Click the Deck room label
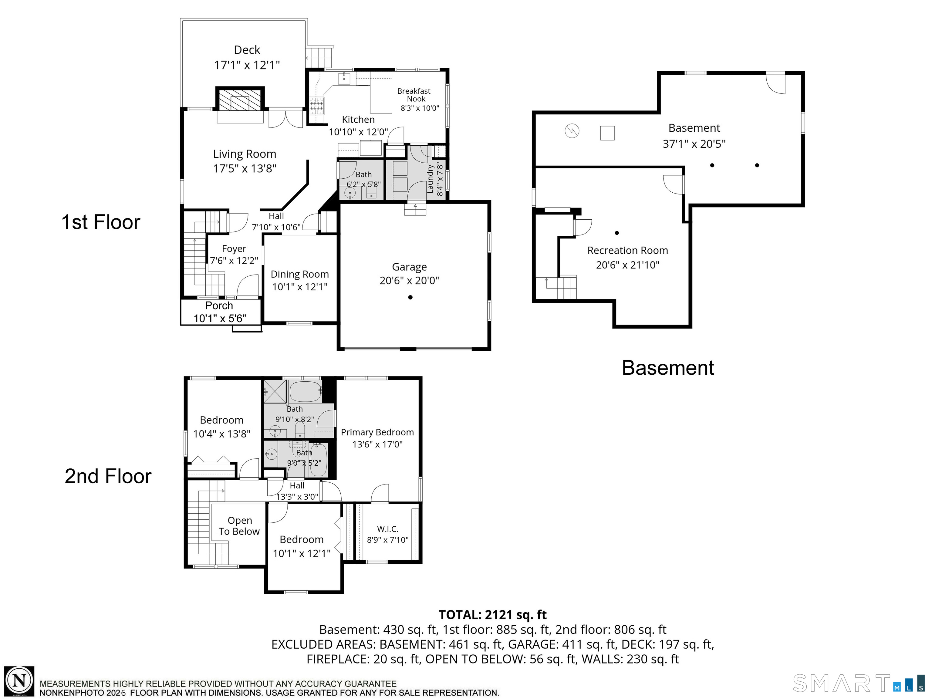pyautogui.click(x=247, y=50)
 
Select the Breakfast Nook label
pyautogui.click(x=414, y=95)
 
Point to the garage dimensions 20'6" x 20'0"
pyautogui.click(x=409, y=281)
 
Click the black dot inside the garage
pyautogui.click(x=410, y=297)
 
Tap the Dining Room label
pyautogui.click(x=299, y=274)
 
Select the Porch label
pyautogui.click(x=219, y=306)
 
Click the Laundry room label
pyautogui.click(x=430, y=179)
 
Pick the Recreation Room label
pyautogui.click(x=627, y=251)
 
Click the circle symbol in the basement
pyautogui.click(x=572, y=131)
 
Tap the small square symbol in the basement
pyautogui.click(x=607, y=133)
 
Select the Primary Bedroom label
pyautogui.click(x=377, y=432)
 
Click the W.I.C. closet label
pyautogui.click(x=388, y=529)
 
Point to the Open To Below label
pyautogui.click(x=239, y=526)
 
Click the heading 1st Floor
pyautogui.click(x=101, y=222)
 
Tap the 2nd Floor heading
pyautogui.click(x=108, y=476)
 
